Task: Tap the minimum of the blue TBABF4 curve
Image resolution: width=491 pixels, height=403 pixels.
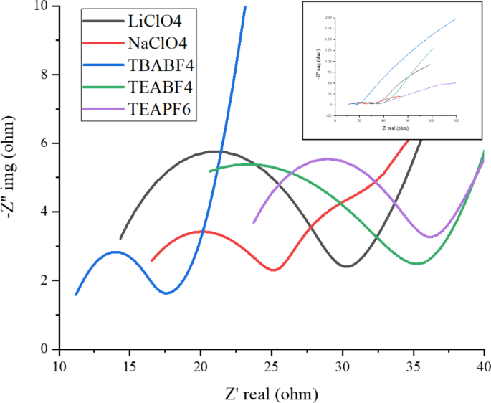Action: (166, 293)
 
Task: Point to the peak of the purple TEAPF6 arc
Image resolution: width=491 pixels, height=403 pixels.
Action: (327, 158)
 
